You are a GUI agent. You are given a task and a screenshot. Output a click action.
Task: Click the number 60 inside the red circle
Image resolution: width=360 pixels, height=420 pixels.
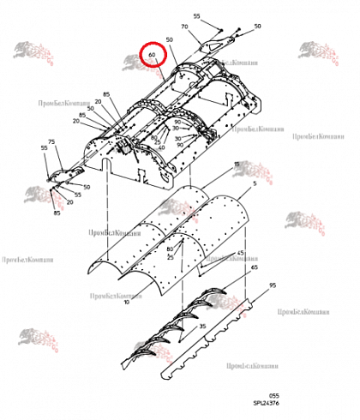(x=152, y=56)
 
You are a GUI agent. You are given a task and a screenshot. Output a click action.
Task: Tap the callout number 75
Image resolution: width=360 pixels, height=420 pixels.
(x=51, y=141)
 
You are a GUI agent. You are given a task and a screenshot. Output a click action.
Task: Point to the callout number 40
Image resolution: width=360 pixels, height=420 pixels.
(x=162, y=147)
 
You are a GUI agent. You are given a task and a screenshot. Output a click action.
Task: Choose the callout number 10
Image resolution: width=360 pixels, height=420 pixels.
(x=126, y=302)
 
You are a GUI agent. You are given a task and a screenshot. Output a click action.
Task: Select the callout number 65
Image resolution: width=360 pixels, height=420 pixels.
(x=254, y=268)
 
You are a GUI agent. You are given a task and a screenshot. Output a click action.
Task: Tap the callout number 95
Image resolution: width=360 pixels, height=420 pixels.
(x=273, y=285)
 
